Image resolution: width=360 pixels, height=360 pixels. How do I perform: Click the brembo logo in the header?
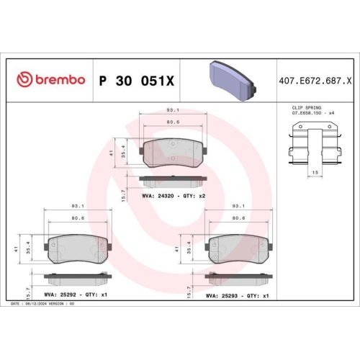[51, 79]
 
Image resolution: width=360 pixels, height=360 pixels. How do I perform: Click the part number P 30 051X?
[136, 79]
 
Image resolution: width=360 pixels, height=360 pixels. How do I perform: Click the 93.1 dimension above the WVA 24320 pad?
[174, 110]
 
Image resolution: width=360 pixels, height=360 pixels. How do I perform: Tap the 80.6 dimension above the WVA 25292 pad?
[77, 218]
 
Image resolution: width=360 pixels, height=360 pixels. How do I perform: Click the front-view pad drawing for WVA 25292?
[77, 250]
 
